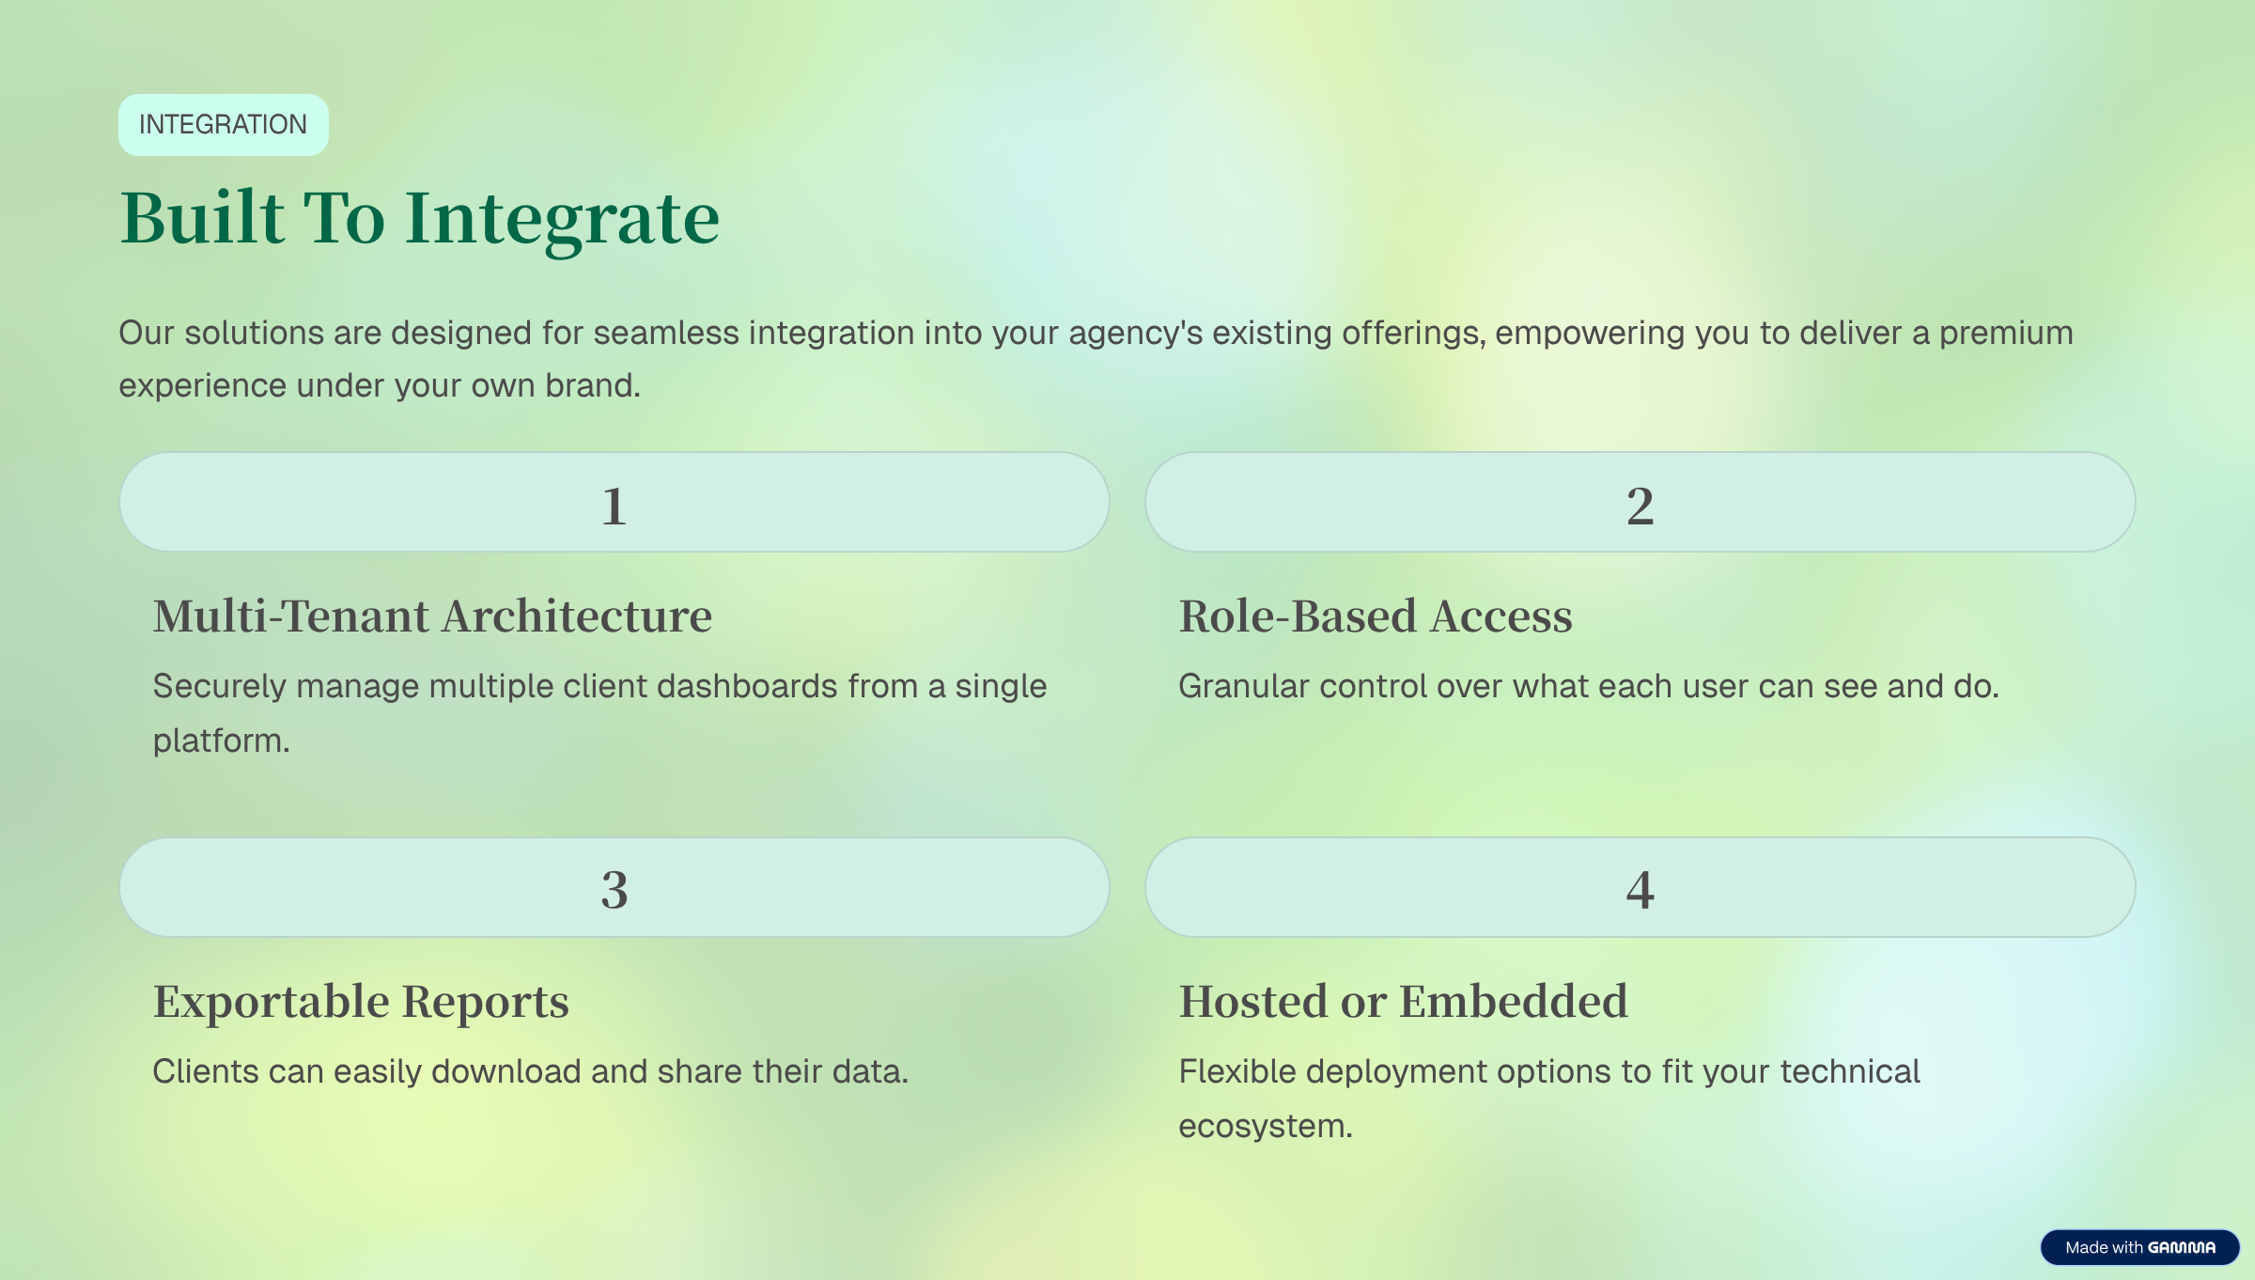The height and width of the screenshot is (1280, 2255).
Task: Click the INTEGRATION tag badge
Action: tap(223, 125)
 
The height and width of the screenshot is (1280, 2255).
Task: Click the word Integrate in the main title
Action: tap(562, 219)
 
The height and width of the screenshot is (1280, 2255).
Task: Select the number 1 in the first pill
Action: tap(614, 506)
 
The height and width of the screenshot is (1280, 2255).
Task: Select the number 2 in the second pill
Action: tap(1640, 506)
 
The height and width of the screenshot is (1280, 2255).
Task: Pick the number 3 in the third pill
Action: tap(614, 889)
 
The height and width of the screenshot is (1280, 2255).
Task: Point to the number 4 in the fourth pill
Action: tap(1640, 889)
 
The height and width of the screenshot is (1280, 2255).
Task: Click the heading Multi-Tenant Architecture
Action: tap(432, 617)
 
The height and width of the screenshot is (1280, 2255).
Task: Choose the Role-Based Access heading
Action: tap(1375, 617)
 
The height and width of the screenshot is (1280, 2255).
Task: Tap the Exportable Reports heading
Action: tap(361, 1002)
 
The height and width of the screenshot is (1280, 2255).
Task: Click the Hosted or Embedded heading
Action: tap(1403, 1002)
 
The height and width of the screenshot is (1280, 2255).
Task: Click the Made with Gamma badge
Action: tap(2139, 1247)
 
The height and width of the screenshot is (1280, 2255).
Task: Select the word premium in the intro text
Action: tap(2006, 334)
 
